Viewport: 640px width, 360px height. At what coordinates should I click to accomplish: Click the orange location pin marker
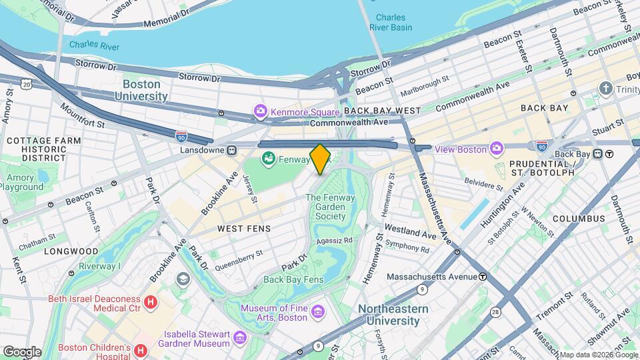320,159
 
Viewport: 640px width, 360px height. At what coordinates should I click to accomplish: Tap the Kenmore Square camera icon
260,110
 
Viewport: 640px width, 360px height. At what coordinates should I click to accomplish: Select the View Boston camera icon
497,148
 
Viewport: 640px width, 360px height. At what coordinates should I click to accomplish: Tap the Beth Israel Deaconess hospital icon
151,303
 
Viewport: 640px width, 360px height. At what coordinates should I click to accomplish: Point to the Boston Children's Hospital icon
140,350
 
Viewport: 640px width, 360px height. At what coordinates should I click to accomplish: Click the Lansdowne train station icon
232,150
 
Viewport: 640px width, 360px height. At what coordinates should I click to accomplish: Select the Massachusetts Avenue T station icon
482,276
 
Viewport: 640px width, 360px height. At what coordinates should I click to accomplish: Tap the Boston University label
145,91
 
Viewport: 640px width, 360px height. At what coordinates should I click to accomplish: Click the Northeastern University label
389,315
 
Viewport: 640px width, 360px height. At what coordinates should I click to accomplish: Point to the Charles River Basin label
393,23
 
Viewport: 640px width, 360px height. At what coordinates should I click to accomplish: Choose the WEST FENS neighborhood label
244,229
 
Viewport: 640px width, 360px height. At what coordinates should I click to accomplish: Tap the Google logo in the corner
21,351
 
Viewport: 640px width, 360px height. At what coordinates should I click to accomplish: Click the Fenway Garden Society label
325,207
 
